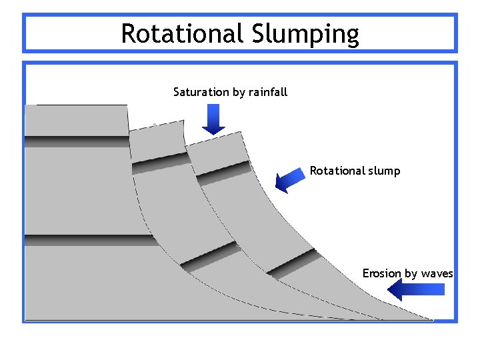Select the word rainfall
(268, 92)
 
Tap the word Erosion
(381, 273)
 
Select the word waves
(437, 273)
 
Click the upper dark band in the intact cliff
(77, 141)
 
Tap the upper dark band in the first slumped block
(160, 163)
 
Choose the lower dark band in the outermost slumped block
(293, 263)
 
